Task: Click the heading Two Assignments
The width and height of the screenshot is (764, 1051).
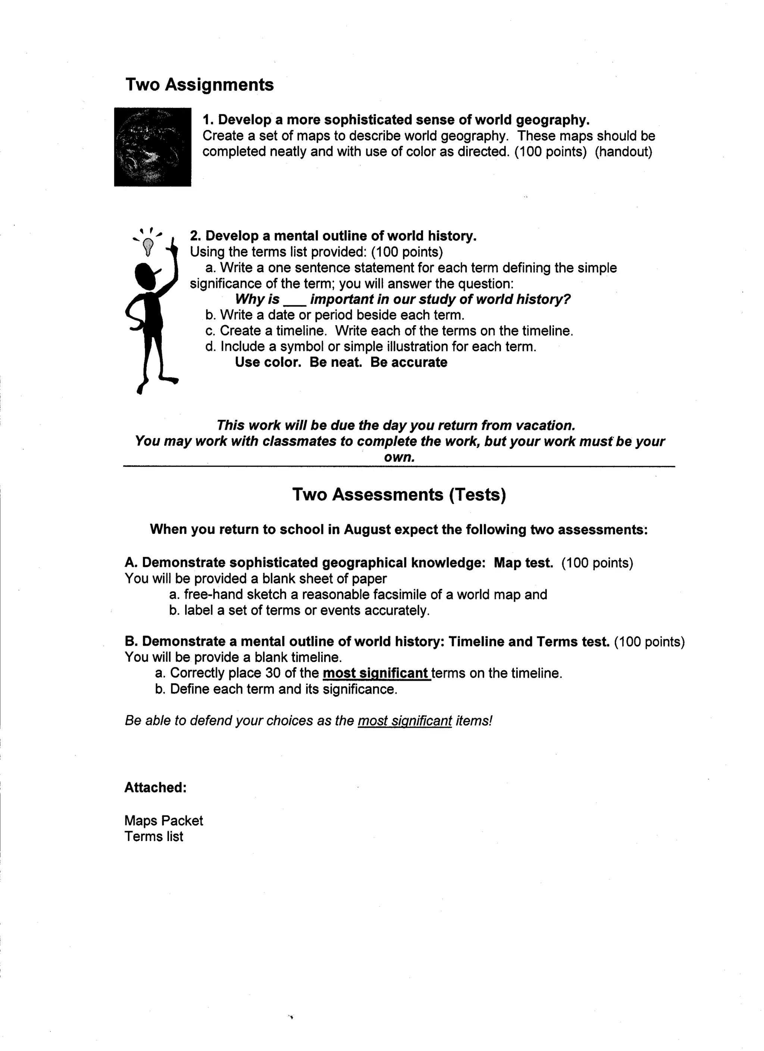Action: pyautogui.click(x=199, y=85)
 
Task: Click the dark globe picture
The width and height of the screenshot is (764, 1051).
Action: pyautogui.click(x=153, y=147)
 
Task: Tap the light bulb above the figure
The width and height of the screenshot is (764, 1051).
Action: pyautogui.click(x=148, y=246)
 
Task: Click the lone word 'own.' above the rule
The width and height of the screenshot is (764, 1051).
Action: pyautogui.click(x=399, y=457)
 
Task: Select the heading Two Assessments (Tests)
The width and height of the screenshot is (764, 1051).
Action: pyautogui.click(x=399, y=494)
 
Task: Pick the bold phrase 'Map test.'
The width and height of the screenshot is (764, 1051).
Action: pyautogui.click(x=523, y=563)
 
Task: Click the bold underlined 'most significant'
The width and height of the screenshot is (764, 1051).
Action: pyautogui.click(x=376, y=673)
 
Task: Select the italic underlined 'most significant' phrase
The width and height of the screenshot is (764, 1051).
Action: pyautogui.click(x=405, y=721)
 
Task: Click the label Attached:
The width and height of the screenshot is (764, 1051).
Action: pyautogui.click(x=155, y=787)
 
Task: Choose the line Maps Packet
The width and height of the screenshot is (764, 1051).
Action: pyautogui.click(x=164, y=821)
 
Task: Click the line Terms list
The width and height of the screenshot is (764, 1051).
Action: pyautogui.click(x=154, y=837)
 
